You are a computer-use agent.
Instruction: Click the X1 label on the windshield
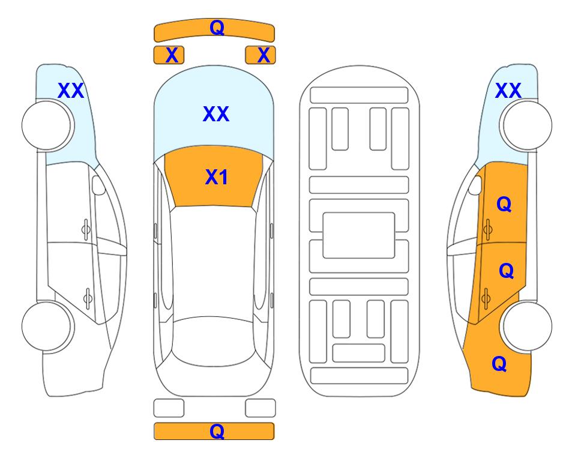click(x=216, y=177)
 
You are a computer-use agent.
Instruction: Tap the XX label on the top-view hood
click(x=216, y=114)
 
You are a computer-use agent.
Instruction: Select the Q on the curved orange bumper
click(x=217, y=28)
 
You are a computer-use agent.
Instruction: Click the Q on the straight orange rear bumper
click(x=217, y=431)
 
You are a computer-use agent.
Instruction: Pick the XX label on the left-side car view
click(x=71, y=91)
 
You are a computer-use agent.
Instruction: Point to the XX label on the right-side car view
click(x=508, y=91)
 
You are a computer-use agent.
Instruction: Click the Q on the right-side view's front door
click(x=504, y=204)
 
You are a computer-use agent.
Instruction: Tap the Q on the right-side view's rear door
click(x=506, y=271)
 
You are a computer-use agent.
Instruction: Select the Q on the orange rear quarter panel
click(x=499, y=364)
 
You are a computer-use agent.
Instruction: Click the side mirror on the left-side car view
click(x=98, y=185)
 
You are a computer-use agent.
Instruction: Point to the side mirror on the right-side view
click(x=475, y=185)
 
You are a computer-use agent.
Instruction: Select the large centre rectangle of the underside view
click(x=359, y=235)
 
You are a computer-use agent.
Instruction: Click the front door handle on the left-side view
click(x=86, y=229)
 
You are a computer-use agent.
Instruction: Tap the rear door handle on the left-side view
click(x=88, y=298)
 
